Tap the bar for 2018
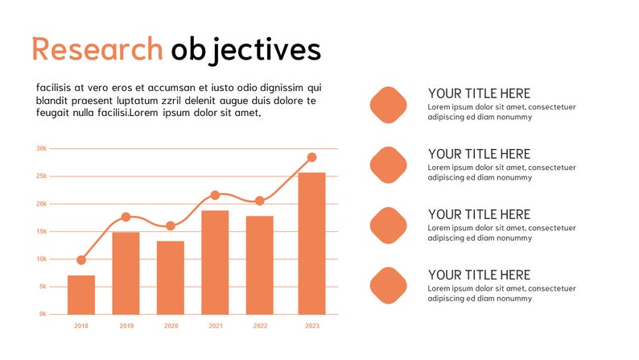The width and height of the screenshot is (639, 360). [81, 295]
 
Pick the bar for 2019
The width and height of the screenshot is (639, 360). [126, 273]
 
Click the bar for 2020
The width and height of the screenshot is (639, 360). [171, 277]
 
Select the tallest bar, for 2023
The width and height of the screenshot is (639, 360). [311, 243]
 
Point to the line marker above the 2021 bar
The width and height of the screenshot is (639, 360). [215, 195]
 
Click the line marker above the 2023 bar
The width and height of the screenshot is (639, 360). [311, 157]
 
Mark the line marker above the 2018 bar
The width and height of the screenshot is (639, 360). [81, 260]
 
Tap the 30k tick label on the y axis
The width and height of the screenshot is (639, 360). [41, 149]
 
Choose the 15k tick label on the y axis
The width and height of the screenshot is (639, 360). [41, 232]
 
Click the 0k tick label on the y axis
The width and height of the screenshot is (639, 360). [42, 314]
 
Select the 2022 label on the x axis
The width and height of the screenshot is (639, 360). [260, 326]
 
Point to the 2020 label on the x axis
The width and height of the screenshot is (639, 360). [171, 326]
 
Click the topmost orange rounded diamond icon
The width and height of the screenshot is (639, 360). [389, 105]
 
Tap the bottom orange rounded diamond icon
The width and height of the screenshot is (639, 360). [389, 286]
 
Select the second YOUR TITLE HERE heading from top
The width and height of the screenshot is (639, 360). [479, 154]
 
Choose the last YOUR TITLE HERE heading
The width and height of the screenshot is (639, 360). [479, 275]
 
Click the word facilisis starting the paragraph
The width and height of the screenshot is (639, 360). [56, 88]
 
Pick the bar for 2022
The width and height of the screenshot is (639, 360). [260, 265]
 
